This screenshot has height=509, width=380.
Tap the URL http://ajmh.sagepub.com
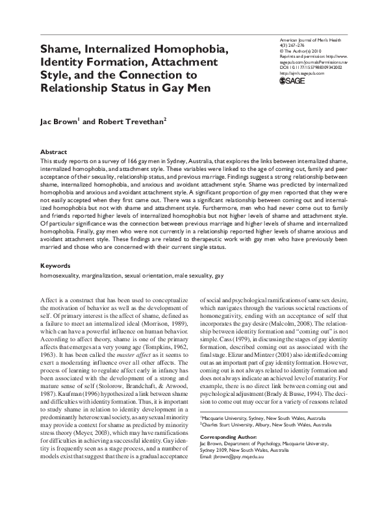(301, 73)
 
